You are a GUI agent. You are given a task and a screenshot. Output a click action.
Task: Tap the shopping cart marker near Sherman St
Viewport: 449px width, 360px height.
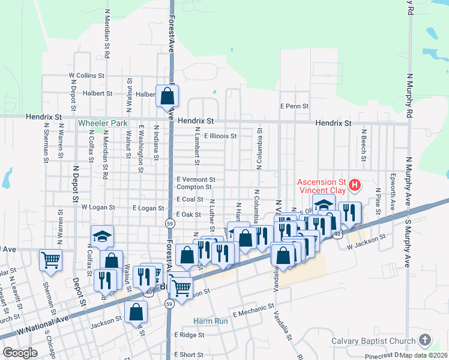(x=50, y=260)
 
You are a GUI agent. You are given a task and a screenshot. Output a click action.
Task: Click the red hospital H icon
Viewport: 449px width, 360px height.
(x=354, y=185)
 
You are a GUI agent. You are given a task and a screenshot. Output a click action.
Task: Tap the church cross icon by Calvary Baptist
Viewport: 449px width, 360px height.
(x=424, y=341)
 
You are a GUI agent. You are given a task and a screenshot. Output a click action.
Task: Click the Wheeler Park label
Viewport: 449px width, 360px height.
(x=103, y=123)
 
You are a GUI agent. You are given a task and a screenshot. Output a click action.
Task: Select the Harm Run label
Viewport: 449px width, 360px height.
(x=211, y=321)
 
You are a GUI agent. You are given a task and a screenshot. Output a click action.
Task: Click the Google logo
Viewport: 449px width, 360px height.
(x=20, y=353)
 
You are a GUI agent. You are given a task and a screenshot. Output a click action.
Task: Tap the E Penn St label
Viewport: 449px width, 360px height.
(x=294, y=106)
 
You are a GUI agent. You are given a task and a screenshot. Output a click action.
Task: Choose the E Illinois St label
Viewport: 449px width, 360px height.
(x=220, y=136)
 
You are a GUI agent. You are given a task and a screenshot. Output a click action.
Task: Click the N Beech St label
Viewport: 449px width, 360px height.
(x=363, y=145)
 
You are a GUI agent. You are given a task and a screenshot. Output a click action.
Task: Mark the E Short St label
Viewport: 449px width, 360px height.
(x=188, y=355)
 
